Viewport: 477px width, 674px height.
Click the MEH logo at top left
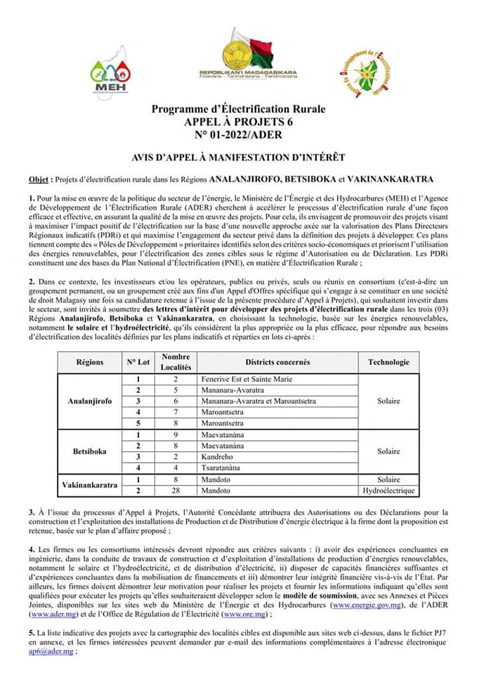click(110, 74)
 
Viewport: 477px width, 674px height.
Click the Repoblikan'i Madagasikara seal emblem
click(238, 51)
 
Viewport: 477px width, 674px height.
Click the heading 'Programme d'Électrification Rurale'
click(238, 110)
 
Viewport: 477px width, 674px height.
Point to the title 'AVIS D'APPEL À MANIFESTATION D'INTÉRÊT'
click(238, 157)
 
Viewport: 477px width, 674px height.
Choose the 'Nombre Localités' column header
click(176, 362)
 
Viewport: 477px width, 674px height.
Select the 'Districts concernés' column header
click(277, 362)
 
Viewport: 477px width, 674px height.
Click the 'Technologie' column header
click(388, 362)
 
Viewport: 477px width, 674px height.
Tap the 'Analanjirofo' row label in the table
click(90, 401)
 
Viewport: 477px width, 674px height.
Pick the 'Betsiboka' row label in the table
click(90, 451)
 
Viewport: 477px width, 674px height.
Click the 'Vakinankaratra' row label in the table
click(90, 485)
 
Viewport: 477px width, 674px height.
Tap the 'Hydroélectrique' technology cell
click(388, 490)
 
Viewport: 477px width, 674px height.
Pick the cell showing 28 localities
click(176, 490)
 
